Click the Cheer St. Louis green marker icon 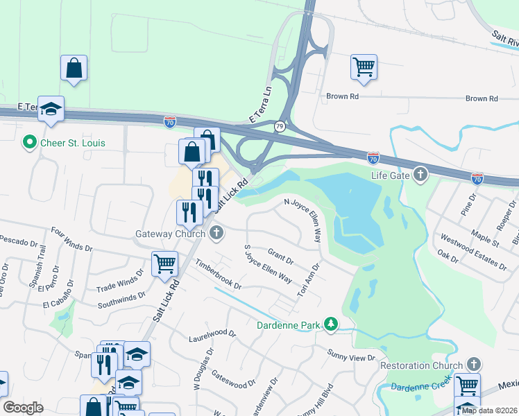point(29,143)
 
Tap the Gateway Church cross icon point(217,233)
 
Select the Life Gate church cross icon point(420,175)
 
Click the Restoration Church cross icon point(473,365)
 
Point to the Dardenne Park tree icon point(332,324)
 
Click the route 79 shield point(279,126)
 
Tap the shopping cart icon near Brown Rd point(364,67)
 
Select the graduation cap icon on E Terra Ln point(51,109)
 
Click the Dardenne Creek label point(417,385)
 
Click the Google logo point(23,408)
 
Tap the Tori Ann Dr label point(309,278)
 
